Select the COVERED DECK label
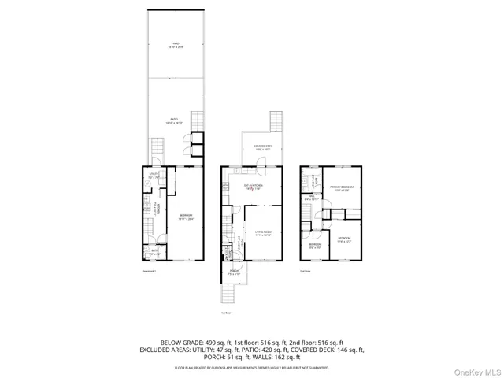coord(263,147)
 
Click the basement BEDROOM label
coord(187,216)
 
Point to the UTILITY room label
coord(154,177)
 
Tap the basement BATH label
coord(154,253)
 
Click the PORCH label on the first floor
coord(235,272)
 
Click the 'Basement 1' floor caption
coord(150,272)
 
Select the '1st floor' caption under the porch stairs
coord(226,313)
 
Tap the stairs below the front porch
coord(227,296)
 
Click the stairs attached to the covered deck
coord(276,122)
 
